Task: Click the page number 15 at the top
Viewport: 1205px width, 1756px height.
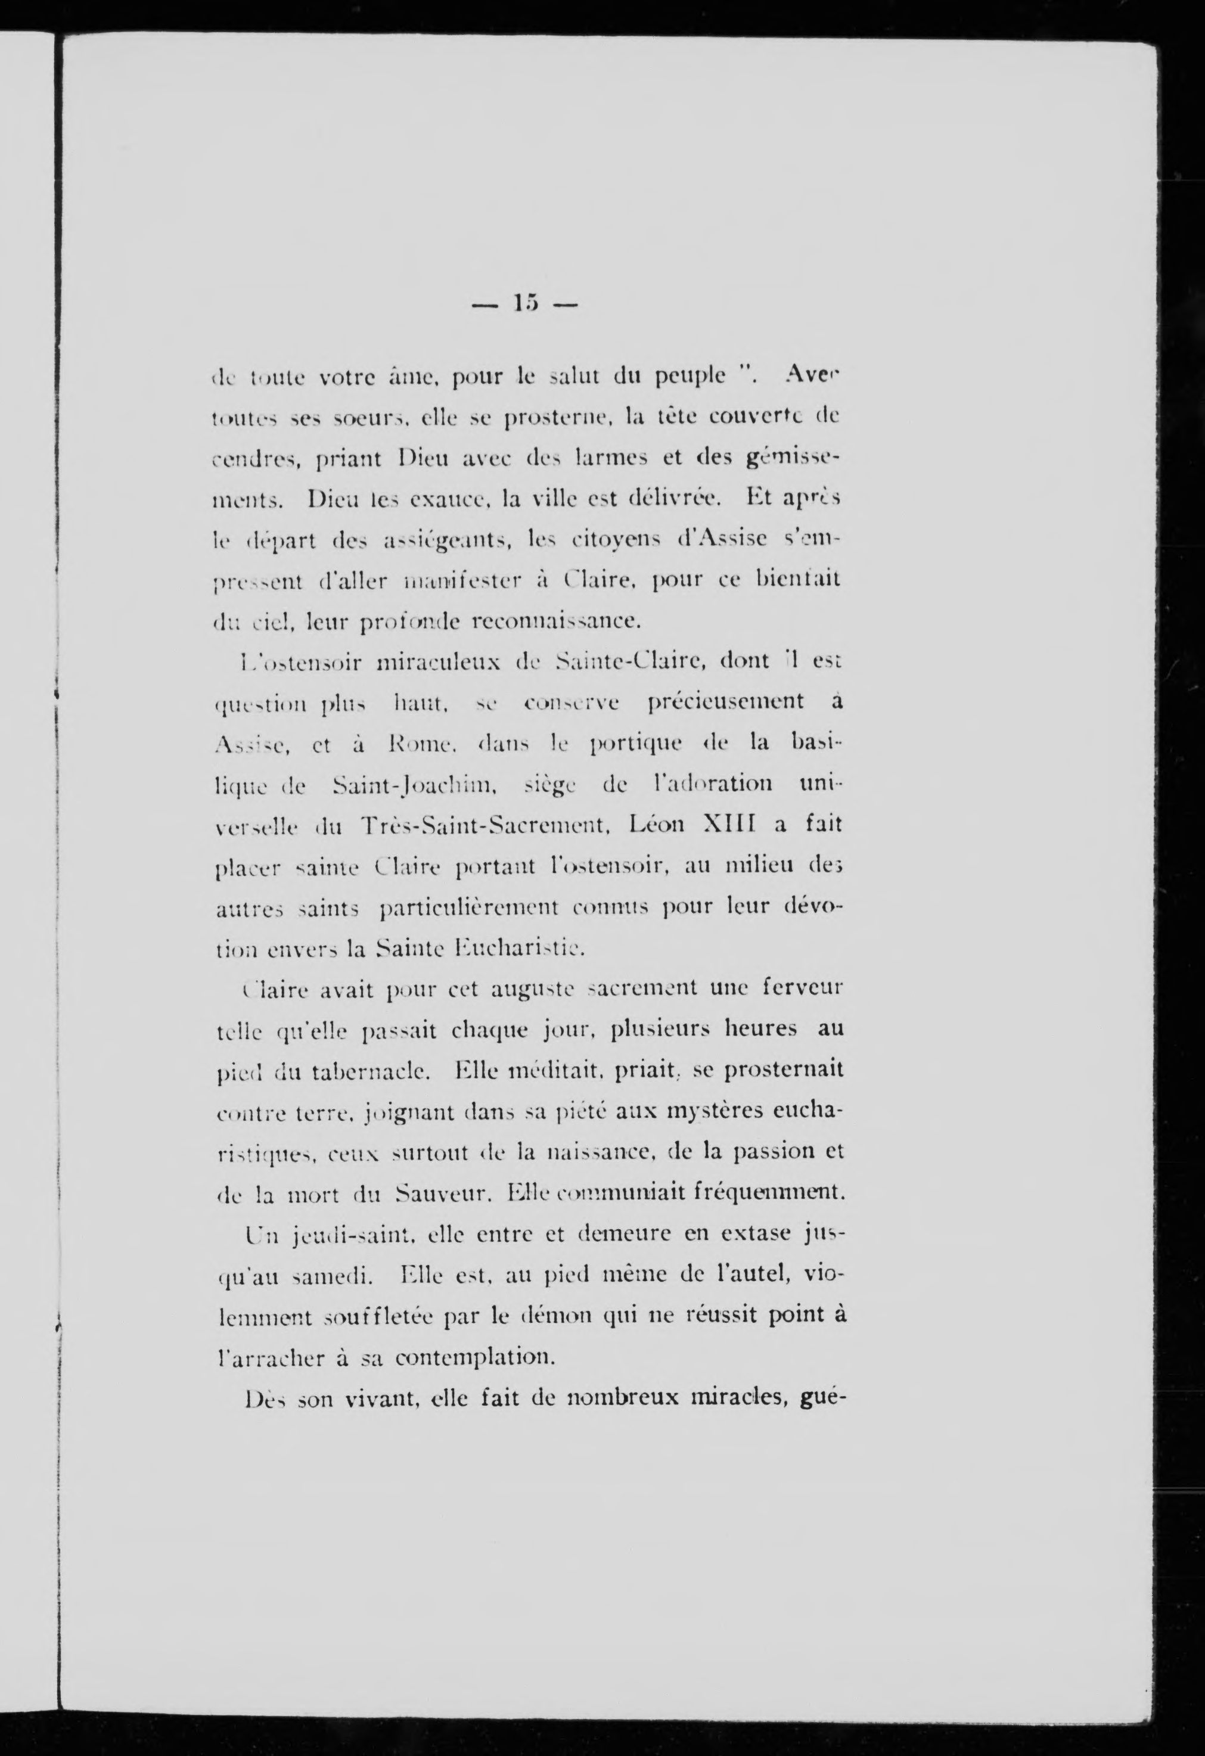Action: (x=524, y=304)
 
